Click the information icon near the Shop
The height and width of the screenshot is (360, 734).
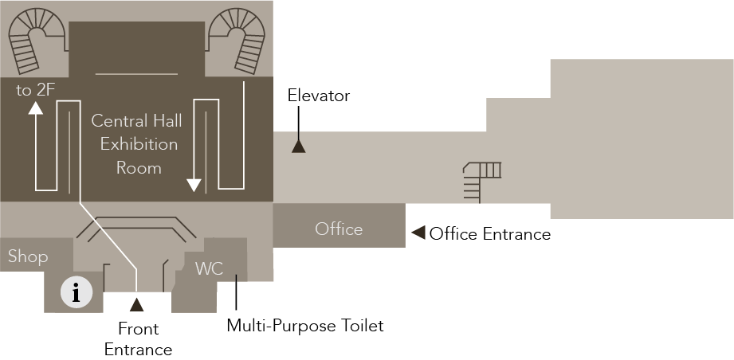[76, 292]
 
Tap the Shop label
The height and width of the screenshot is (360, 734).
[28, 256]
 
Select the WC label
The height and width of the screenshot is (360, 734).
[209, 268]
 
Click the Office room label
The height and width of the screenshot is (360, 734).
[339, 229]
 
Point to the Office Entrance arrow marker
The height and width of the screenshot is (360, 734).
[417, 233]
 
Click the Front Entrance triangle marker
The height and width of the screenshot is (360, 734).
[136, 303]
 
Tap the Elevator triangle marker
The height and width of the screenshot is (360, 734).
[298, 146]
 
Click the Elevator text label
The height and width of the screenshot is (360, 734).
[319, 96]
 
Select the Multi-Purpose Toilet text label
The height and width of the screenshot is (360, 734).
[305, 325]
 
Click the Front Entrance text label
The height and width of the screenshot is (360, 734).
[138, 338]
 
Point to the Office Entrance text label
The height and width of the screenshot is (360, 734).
[489, 234]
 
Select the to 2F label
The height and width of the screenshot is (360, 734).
[35, 90]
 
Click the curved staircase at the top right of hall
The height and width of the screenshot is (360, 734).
[240, 40]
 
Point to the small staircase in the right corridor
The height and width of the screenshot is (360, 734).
[482, 179]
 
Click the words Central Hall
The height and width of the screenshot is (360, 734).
[136, 121]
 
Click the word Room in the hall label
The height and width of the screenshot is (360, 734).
[139, 167]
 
